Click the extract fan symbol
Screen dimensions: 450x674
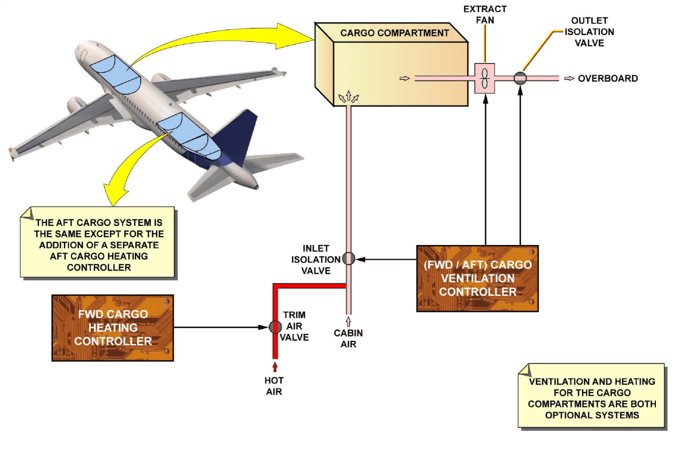pos(484,78)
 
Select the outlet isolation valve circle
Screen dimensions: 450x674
pos(520,78)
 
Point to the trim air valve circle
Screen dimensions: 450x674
pos(275,327)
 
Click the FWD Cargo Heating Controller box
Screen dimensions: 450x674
pos(113,328)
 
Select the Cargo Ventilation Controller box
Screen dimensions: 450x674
pos(477,278)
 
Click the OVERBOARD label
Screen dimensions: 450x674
pos(607,78)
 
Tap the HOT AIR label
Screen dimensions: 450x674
pos(274,386)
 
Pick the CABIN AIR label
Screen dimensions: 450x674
pos(348,339)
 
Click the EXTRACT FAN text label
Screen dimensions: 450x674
pos(485,15)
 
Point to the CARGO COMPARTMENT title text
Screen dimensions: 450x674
pos(394,33)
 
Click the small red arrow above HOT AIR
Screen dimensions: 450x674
pos(275,367)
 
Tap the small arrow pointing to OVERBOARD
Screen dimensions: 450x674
pos(569,78)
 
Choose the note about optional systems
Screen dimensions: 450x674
pos(591,397)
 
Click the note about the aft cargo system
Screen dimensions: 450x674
pos(99,244)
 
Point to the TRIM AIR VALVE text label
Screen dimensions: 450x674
pos(294,326)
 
